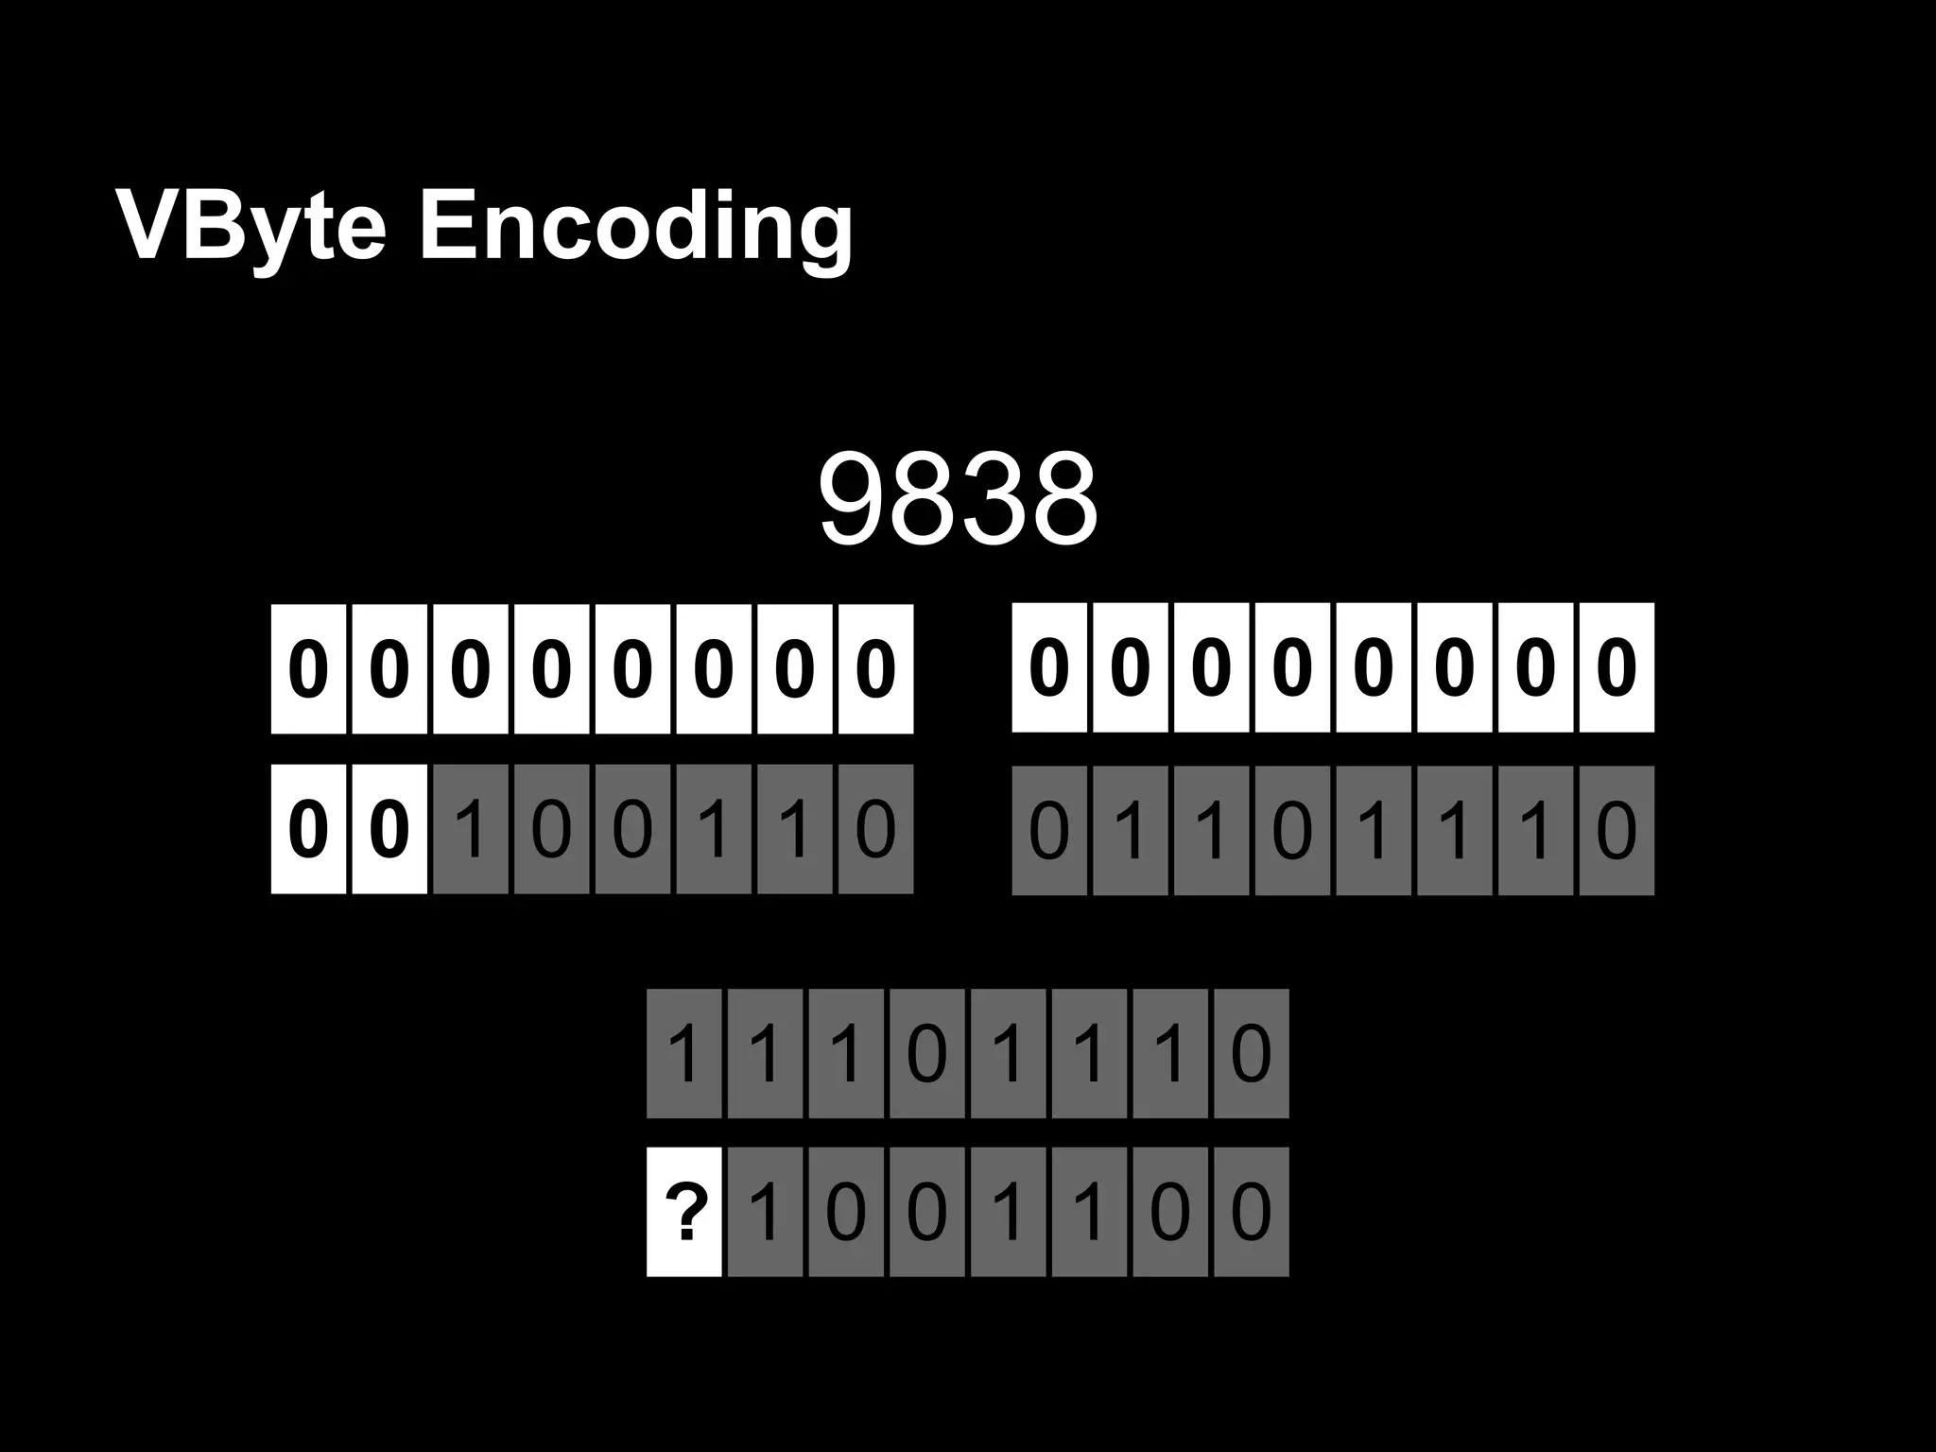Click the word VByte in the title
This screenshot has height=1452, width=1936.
pyautogui.click(x=251, y=227)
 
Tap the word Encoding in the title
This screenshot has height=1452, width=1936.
pyautogui.click(x=635, y=227)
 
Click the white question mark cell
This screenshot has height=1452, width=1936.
pyautogui.click(x=684, y=1212)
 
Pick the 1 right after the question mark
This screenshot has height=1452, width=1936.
pyautogui.click(x=765, y=1212)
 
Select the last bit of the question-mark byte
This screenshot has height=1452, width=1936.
pyautogui.click(x=1251, y=1212)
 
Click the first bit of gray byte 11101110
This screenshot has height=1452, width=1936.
pyautogui.click(x=684, y=1053)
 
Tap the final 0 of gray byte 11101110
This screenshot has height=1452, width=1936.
pyautogui.click(x=1251, y=1053)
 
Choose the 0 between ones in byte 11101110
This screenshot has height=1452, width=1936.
pyautogui.click(x=926, y=1053)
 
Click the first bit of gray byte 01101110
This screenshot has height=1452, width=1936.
pyautogui.click(x=1049, y=830)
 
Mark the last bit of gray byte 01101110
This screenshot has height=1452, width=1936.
pyautogui.click(x=1616, y=830)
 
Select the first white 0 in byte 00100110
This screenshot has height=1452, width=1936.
pyautogui.click(x=308, y=829)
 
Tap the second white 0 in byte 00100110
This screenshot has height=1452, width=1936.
pyautogui.click(x=389, y=829)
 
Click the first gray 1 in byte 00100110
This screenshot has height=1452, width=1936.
pyautogui.click(x=471, y=829)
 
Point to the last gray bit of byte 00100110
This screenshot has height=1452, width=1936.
pyautogui.click(x=875, y=829)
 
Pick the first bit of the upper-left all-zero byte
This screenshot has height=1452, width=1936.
pyautogui.click(x=308, y=668)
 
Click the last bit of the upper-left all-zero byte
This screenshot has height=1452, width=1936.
pyautogui.click(x=875, y=668)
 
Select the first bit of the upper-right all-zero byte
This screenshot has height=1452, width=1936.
pyautogui.click(x=1049, y=667)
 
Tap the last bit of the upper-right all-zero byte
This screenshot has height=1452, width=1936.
pyautogui.click(x=1616, y=667)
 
